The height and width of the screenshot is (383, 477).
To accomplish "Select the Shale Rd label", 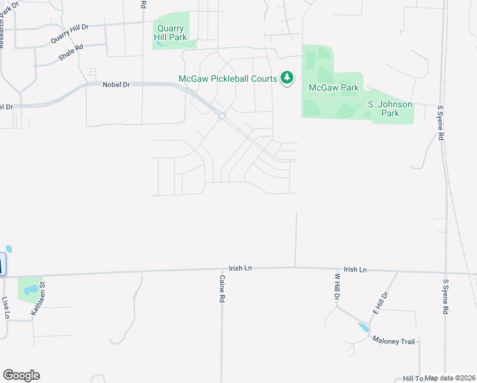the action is click(71, 52).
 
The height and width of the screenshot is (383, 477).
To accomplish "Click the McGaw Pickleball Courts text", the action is click(227, 79).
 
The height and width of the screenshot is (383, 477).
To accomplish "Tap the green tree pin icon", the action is click(288, 79).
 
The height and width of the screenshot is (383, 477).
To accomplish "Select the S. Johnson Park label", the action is click(390, 109).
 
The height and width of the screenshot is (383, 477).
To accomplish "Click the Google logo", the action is click(21, 375).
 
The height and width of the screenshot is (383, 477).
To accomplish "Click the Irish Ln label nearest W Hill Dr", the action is click(355, 270).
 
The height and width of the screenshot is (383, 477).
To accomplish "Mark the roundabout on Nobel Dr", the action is click(222, 116).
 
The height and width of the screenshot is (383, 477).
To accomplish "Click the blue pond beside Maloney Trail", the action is click(363, 327).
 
